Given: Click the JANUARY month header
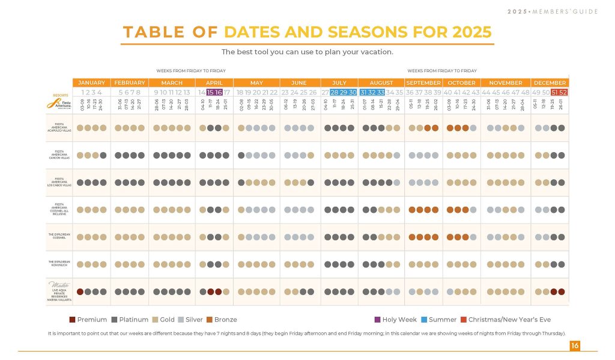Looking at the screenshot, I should (x=91, y=83).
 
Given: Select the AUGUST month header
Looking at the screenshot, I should (x=381, y=83).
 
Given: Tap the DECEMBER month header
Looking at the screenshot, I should (x=550, y=83).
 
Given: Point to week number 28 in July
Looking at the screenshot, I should (x=335, y=93).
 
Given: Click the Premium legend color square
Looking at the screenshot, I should (x=72, y=320).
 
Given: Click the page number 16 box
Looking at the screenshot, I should (x=575, y=345).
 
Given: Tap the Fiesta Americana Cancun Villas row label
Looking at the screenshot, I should (x=60, y=155).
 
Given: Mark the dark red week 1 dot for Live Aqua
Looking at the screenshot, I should (x=80, y=291).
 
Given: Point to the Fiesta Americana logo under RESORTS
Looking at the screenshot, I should (x=60, y=103).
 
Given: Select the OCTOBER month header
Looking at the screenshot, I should (x=461, y=83).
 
